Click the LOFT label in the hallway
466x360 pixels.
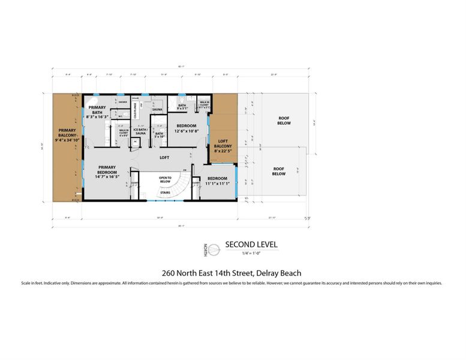(x=164, y=158)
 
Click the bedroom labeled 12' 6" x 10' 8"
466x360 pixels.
(x=185, y=128)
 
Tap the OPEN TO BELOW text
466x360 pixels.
(x=166, y=179)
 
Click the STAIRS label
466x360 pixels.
(x=165, y=192)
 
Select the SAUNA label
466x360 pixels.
(x=158, y=110)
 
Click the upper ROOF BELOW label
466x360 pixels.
(x=284, y=121)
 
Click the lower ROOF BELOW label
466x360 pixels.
(x=278, y=172)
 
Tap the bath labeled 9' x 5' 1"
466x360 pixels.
(x=182, y=107)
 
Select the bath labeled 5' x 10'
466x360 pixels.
(x=159, y=135)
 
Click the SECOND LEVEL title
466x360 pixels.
(x=251, y=245)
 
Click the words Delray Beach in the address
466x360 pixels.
(x=282, y=272)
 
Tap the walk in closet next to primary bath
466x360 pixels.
(x=124, y=133)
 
